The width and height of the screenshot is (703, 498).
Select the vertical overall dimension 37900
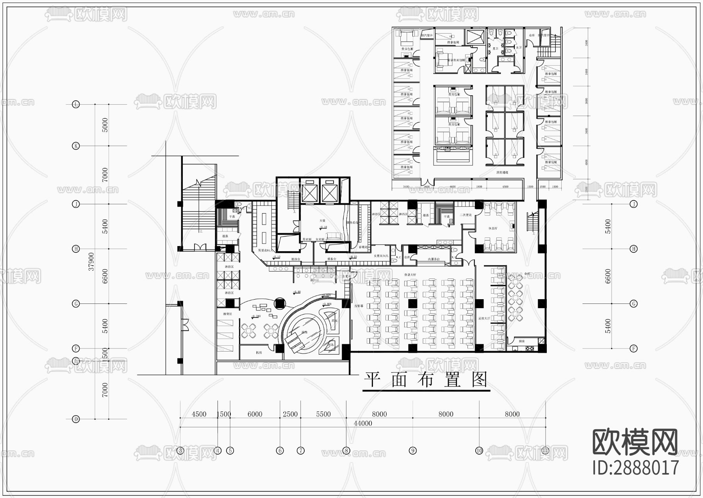point(91,261)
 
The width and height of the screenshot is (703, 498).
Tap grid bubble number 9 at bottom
point(413,450)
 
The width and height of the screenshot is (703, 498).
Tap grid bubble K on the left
point(76,146)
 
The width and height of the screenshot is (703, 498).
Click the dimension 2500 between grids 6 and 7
point(290,414)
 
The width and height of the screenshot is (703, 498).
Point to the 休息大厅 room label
point(410,275)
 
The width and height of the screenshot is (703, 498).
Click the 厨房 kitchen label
point(522,341)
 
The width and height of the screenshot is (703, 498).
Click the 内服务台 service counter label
point(434,259)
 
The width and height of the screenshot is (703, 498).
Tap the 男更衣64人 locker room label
point(264,250)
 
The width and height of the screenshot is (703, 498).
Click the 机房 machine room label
point(259,352)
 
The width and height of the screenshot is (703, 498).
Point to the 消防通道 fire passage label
point(502,172)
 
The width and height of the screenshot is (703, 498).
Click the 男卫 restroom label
point(495,49)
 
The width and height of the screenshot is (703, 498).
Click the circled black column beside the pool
point(280,303)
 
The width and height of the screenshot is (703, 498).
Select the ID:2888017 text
point(635,468)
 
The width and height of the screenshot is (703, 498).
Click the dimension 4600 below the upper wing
point(452,187)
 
